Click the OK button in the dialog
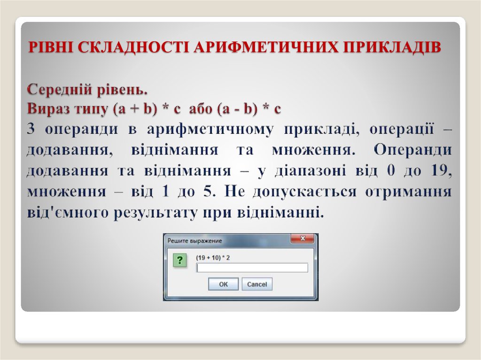click(x=223, y=284)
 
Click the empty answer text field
click(x=252, y=268)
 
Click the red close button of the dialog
click(x=303, y=239)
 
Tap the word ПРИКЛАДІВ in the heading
click(x=388, y=47)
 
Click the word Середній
click(x=59, y=89)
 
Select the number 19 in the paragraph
click(x=441, y=171)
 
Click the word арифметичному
click(x=208, y=130)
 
